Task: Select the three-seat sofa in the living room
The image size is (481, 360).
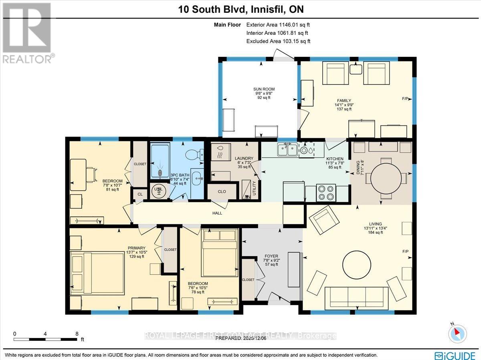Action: tap(356, 298)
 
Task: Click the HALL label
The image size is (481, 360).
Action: tap(217, 213)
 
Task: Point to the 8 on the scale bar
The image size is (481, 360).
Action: tap(77, 333)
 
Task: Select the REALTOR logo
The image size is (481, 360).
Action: tap(27, 32)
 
